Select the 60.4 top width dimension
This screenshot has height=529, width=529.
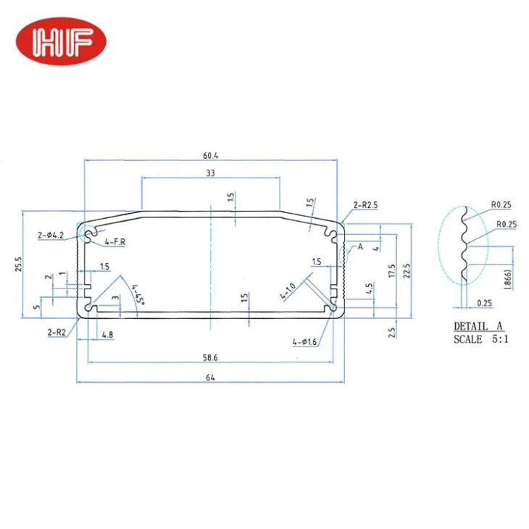point(210,154)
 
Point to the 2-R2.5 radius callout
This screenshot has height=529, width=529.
point(367,206)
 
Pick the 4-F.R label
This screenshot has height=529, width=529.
point(115,241)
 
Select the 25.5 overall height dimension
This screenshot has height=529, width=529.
point(17,264)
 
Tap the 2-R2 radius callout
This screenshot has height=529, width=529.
point(57,332)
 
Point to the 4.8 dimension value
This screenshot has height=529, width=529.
point(107,336)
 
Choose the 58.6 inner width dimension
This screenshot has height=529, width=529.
point(210,357)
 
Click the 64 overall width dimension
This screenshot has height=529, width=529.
point(210,377)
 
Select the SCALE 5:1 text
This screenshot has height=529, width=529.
point(481,339)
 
